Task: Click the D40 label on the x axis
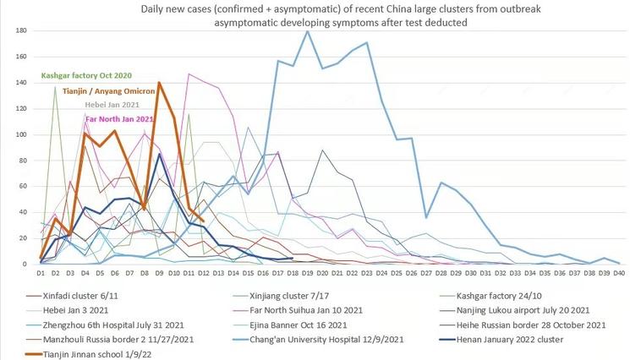618,274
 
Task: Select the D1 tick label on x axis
41,274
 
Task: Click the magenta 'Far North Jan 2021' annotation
118,120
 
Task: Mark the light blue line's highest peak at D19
307,31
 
